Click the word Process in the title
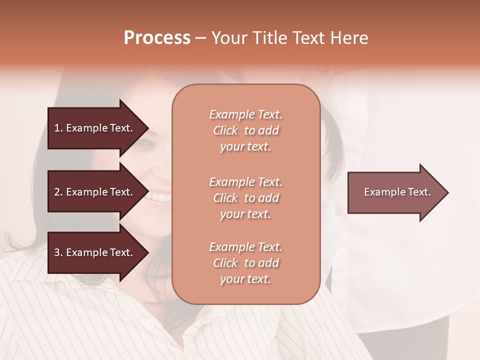[157, 38]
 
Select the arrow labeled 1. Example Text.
[93, 128]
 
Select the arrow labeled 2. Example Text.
[93, 192]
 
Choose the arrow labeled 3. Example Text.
[93, 252]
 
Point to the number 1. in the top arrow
[58, 128]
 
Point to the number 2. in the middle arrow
[58, 192]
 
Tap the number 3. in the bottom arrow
[58, 252]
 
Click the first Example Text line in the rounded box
[245, 114]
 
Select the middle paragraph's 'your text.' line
[245, 214]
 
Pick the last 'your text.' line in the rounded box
[245, 279]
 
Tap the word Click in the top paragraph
[225, 130]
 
